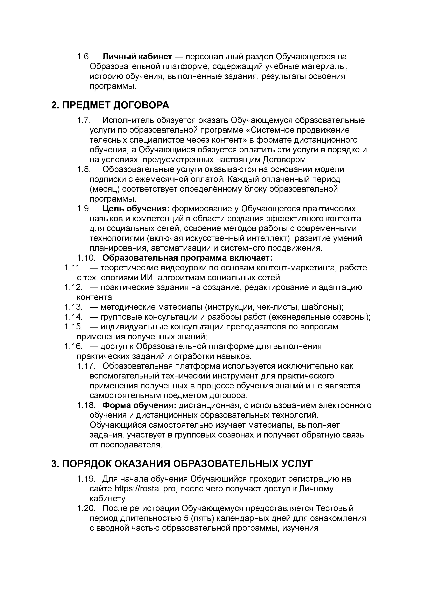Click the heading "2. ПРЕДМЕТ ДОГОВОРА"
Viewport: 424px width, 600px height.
(x=110, y=105)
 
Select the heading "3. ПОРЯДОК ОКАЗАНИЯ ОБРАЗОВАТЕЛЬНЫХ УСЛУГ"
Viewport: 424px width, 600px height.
(x=182, y=464)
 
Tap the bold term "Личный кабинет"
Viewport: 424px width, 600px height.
(x=137, y=56)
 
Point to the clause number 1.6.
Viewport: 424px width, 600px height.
(x=84, y=56)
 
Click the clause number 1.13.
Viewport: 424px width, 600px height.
(x=73, y=307)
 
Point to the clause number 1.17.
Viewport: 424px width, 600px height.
(x=85, y=366)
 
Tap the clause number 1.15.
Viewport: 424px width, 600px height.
(x=73, y=327)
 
